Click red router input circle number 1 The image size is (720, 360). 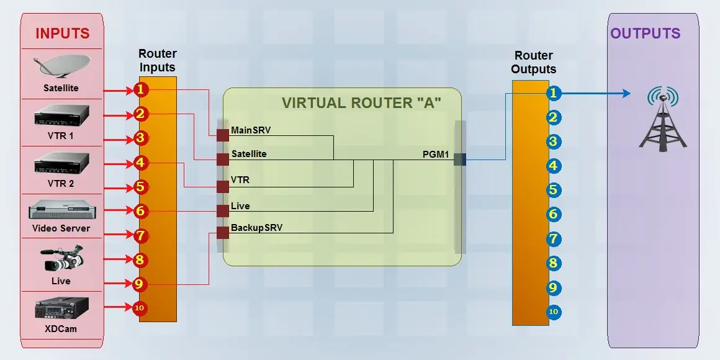[141, 90]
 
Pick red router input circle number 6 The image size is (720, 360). [140, 211]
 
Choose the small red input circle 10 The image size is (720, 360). [139, 307]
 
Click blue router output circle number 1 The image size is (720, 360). [554, 93]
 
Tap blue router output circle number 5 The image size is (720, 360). [554, 191]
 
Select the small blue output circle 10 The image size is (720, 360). [554, 312]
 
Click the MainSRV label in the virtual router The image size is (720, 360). [251, 130]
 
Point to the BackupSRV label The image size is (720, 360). [256, 228]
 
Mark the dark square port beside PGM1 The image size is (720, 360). [459, 160]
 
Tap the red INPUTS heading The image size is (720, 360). [62, 34]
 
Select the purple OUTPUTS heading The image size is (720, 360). [646, 34]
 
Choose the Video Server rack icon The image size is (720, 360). [62, 210]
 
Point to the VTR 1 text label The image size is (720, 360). [61, 135]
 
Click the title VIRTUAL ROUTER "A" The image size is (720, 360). [361, 103]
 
